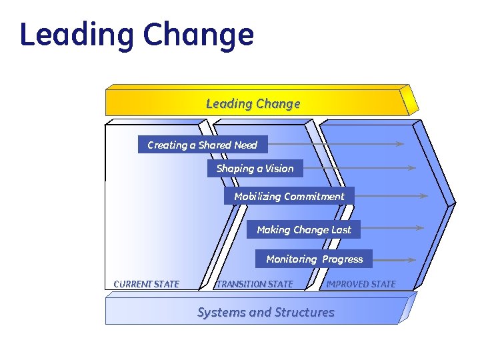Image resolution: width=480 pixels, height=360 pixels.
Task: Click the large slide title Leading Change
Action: click(137, 35)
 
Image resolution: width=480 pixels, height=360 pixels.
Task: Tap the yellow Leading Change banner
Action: click(253, 103)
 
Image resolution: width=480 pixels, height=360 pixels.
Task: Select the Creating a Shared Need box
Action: click(202, 145)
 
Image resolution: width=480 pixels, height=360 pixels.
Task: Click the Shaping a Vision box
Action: click(255, 169)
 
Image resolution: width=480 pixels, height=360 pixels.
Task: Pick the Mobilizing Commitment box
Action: click(289, 196)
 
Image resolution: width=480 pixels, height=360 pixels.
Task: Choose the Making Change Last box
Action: click(303, 229)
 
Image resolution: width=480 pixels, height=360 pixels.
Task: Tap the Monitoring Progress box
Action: click(314, 259)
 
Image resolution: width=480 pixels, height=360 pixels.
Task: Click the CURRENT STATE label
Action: click(147, 284)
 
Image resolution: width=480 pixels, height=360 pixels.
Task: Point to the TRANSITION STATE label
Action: click(255, 284)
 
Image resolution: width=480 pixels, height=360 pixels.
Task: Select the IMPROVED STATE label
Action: click(361, 284)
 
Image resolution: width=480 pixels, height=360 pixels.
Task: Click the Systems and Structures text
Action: click(265, 312)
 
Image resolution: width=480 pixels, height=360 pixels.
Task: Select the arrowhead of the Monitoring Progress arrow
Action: click(415, 259)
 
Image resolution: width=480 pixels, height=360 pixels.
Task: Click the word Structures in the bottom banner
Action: click(305, 312)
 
